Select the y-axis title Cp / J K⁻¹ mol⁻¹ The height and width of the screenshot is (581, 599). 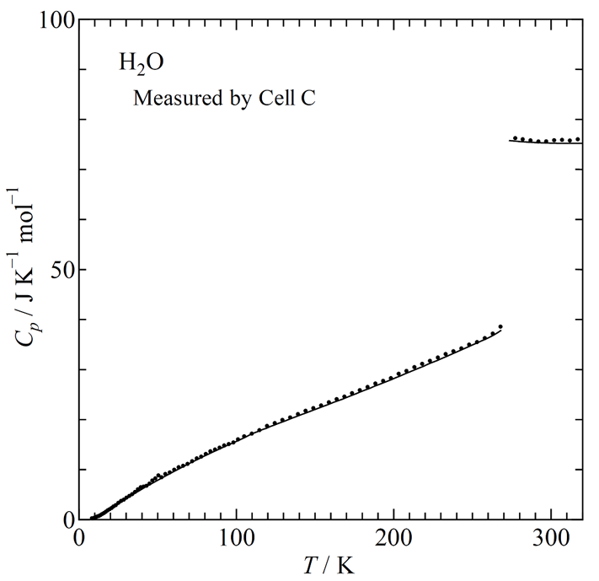pos(24,270)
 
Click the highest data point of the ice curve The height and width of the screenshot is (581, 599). pos(500,326)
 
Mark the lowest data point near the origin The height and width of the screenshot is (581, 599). pos(91,518)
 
